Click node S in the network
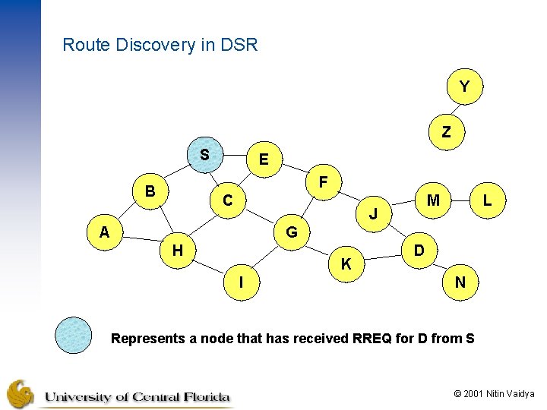point(204,155)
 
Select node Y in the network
point(464,87)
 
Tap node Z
point(446,132)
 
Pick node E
point(263,159)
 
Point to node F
point(324,182)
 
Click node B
point(150,191)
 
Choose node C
point(227,201)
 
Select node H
point(177,250)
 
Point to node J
point(373,214)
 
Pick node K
point(346,264)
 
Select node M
point(433,200)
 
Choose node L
point(487,200)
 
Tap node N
point(460,282)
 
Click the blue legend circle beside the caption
point(73,334)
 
